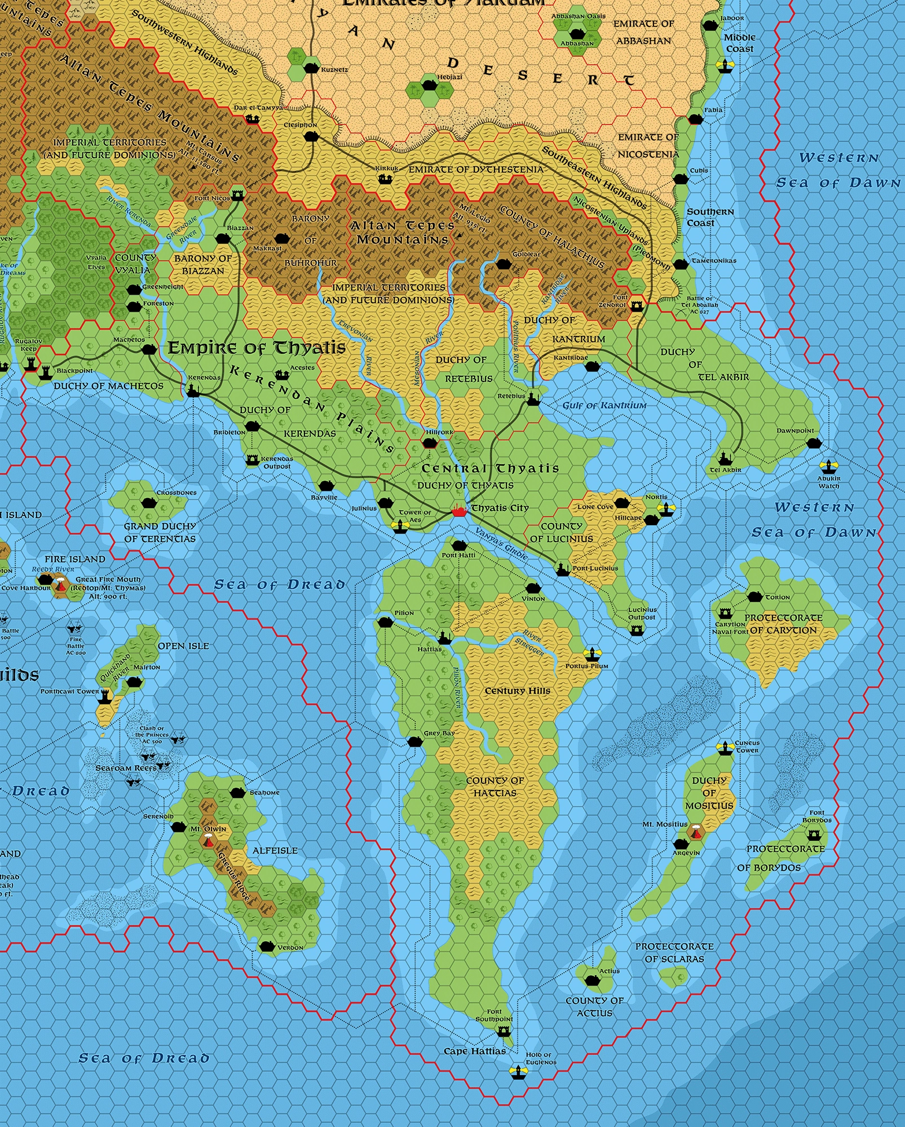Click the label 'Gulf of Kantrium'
point(604,405)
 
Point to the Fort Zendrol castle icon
point(637,305)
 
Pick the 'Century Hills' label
point(517,691)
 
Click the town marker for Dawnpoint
point(813,443)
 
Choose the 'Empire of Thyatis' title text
point(257,348)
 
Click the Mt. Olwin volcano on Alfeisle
point(210,841)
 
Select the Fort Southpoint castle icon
point(503,1031)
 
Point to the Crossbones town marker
point(148,503)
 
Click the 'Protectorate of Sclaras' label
point(674,952)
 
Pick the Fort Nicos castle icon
point(237,194)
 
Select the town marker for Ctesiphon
point(311,136)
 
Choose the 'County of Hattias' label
point(495,787)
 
